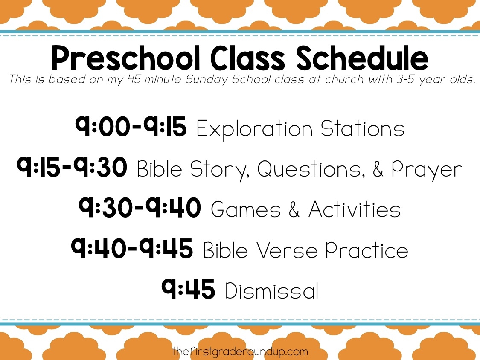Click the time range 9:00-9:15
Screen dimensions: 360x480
coord(131,128)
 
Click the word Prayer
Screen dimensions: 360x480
coord(426,170)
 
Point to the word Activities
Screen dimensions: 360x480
coord(355,210)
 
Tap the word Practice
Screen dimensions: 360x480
coord(367,250)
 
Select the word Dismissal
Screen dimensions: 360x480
coord(271,291)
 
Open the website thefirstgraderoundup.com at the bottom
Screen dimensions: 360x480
coord(240,352)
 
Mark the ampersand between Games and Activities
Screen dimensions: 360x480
coord(294,210)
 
